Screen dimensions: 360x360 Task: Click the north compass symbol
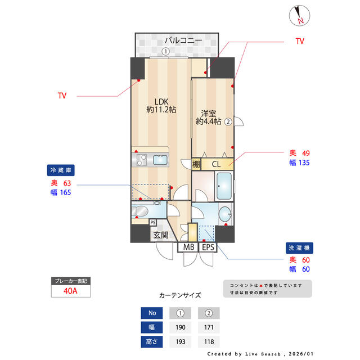point(298,15)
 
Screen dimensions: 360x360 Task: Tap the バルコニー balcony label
point(183,40)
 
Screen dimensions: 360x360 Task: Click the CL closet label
point(216,165)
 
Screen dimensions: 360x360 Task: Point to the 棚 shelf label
point(196,165)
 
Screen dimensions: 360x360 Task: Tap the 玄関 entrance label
point(160,235)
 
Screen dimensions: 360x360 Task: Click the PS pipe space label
point(153,222)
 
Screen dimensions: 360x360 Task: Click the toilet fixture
point(141,211)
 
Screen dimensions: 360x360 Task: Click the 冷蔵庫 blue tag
point(61,170)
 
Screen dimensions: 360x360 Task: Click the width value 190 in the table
point(181,327)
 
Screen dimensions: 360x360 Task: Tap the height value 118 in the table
point(208,341)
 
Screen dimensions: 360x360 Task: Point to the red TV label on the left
point(62,96)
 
